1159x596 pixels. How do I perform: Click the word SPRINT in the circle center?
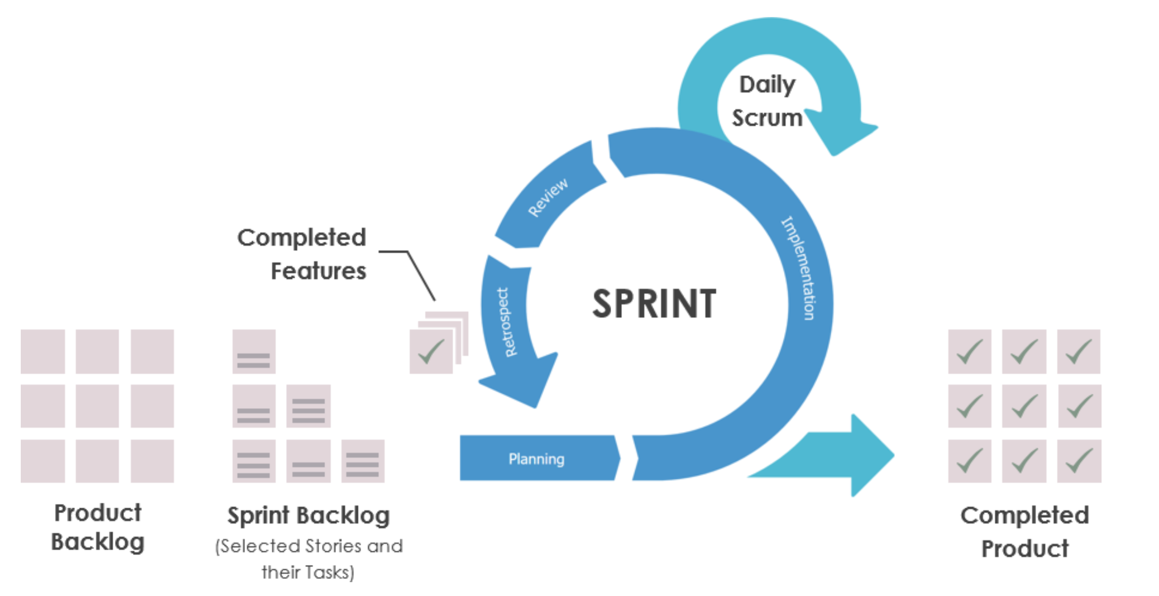pos(654,304)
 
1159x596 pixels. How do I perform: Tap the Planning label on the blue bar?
pos(536,459)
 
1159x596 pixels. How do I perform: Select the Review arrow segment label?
pos(548,197)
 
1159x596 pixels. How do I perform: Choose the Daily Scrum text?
pos(767,101)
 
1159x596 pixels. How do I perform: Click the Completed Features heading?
pos(302,254)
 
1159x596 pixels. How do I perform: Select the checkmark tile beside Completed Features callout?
pos(431,352)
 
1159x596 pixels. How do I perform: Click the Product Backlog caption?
pos(98,527)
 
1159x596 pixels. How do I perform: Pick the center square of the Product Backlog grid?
pos(97,406)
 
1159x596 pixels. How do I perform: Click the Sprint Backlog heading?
pos(308,515)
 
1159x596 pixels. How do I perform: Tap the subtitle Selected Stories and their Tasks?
pos(308,559)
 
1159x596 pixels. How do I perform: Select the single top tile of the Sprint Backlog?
pos(254,352)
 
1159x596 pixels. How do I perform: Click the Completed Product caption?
pos(1024,532)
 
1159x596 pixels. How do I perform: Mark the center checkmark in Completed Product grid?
pos(1024,406)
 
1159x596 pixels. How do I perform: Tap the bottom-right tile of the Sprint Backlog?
pos(363,461)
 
